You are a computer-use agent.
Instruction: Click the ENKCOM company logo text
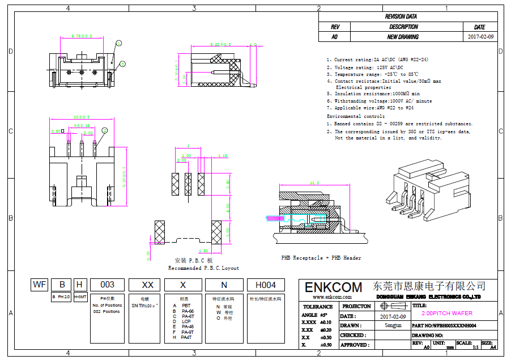tap(333, 287)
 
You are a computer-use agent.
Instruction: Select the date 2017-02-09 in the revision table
tap(481, 37)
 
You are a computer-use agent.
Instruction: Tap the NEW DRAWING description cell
tap(403, 37)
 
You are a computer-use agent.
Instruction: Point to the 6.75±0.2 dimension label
tap(82, 36)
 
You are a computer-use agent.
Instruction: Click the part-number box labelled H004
tap(266, 285)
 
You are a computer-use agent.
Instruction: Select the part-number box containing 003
tap(107, 285)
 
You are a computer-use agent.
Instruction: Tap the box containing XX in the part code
tap(147, 285)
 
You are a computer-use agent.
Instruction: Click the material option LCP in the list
tap(186, 321)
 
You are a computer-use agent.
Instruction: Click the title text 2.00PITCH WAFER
tap(447, 313)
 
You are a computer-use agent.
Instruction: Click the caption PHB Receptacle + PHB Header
tap(321, 258)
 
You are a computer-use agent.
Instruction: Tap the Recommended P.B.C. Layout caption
tap(203, 268)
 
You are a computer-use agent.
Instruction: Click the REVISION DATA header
tap(408, 17)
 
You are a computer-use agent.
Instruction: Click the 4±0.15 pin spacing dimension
tap(82, 125)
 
